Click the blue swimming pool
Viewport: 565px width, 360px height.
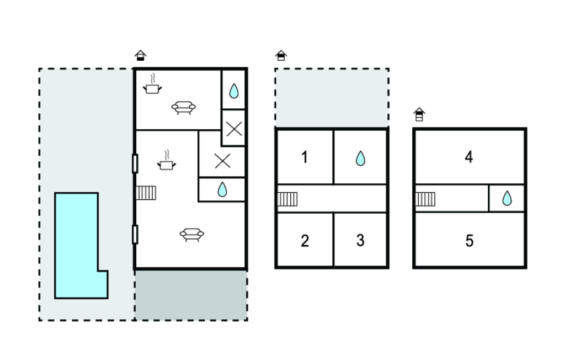76,245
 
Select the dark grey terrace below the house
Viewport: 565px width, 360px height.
191,295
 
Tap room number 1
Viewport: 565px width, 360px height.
305,157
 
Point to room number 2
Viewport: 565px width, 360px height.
305,241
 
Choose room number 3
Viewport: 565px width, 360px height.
360,240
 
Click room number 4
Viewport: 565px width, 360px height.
469,157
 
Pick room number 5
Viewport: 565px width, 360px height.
469,241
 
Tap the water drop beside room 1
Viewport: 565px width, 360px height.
360,158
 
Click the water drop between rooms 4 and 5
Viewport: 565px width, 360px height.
507,198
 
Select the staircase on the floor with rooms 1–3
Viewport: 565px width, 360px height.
287,199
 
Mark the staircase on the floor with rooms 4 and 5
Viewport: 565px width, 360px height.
425,199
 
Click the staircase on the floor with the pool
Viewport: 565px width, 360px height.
146,193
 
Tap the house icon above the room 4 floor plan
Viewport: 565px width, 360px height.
419,114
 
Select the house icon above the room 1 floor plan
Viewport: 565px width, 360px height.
281,55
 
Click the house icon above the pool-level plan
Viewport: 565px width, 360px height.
141,55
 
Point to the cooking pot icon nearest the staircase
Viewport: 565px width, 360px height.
166,161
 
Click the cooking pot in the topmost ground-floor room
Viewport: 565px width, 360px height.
152,84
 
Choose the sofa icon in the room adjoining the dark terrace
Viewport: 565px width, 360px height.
191,235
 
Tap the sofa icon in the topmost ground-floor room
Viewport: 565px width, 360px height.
183,108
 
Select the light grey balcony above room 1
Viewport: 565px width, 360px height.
332,97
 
